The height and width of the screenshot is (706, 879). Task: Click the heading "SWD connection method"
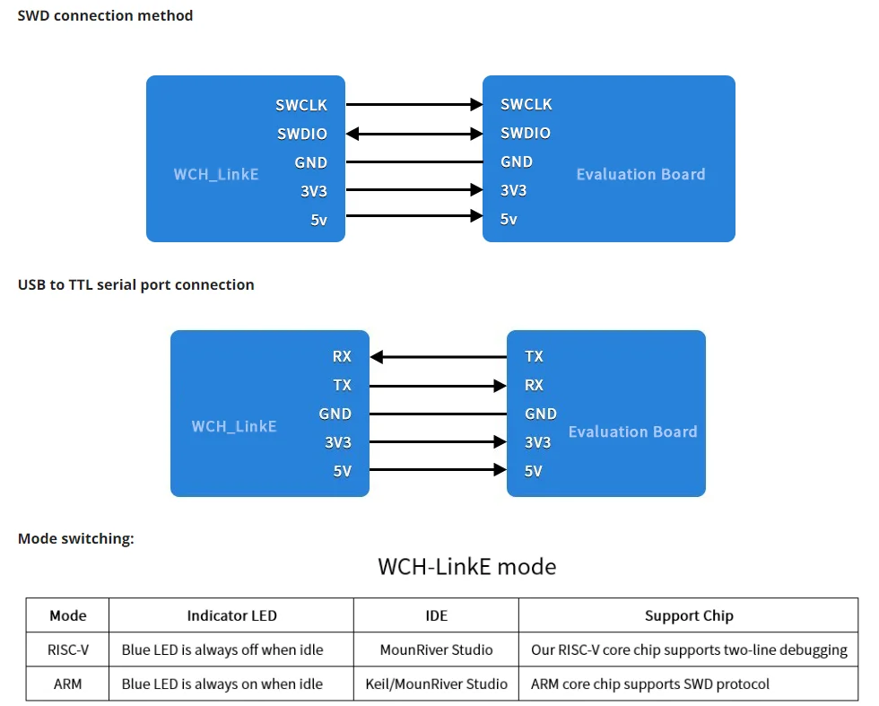click(x=105, y=15)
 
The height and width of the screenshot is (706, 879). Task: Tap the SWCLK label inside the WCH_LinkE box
click(x=301, y=105)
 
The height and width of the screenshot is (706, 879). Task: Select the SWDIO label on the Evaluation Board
click(x=526, y=133)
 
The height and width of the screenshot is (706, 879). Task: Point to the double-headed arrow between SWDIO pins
click(x=414, y=134)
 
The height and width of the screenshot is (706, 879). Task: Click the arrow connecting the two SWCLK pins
click(x=414, y=105)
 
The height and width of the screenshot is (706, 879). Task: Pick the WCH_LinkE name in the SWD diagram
click(x=216, y=173)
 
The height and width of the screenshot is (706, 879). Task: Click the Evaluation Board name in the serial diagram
click(x=632, y=431)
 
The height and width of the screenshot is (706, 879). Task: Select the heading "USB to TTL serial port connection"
click(x=135, y=284)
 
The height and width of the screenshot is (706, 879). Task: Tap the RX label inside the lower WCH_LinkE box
click(x=342, y=356)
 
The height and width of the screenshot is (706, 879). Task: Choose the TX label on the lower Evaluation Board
click(x=534, y=356)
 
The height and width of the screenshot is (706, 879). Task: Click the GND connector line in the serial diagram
click(x=438, y=414)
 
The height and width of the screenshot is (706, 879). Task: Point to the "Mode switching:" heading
click(x=76, y=538)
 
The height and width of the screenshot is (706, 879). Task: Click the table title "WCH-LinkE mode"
click(x=466, y=567)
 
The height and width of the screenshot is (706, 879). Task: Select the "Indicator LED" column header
click(x=231, y=615)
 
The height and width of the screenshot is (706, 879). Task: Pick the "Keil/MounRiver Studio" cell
click(x=436, y=684)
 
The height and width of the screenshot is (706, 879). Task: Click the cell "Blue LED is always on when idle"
click(x=222, y=684)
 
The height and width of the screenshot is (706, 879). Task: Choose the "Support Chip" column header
click(x=688, y=615)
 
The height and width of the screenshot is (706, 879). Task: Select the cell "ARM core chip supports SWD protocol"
click(x=649, y=684)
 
